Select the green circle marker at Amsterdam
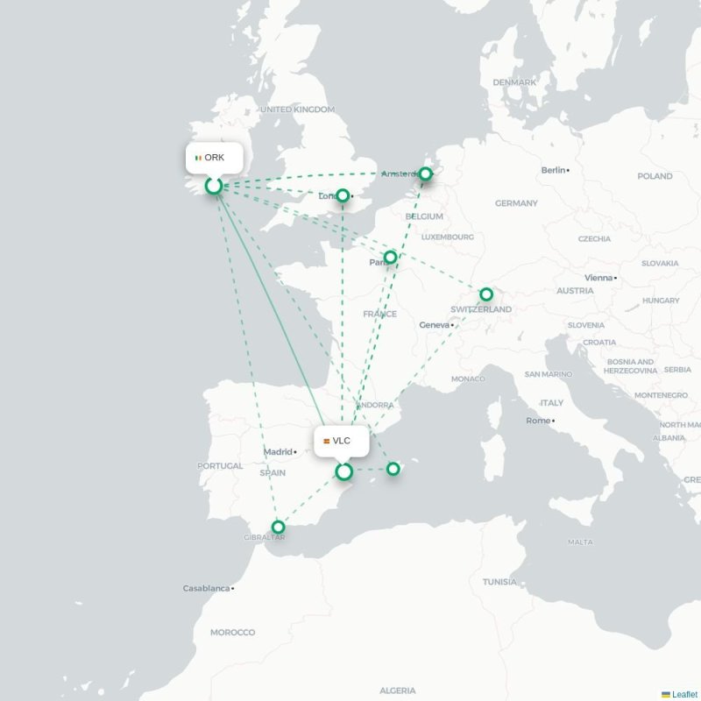[425, 174]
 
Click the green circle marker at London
[343, 195]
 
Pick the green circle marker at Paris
[390, 258]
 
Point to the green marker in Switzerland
[486, 294]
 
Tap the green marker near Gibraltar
[278, 528]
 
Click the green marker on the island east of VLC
[393, 469]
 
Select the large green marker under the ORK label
[214, 186]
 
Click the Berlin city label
[553, 170]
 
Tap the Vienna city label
[598, 278]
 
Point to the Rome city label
[537, 421]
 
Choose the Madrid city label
[278, 452]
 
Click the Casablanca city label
[207, 588]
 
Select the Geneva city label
[434, 325]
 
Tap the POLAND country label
[655, 176]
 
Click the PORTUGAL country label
[220, 466]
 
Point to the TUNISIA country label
[499, 582]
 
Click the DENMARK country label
[513, 82]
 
